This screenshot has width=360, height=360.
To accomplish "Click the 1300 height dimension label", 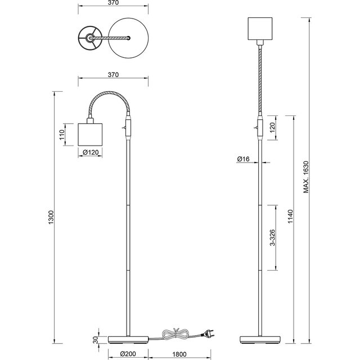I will pos(51,216).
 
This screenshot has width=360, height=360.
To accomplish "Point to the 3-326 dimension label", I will pos(272,237).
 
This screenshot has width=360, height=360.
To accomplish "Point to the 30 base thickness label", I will pos(95,340).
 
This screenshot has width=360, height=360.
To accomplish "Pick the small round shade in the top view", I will pos(88,38).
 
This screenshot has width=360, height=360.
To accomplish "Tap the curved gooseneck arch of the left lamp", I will pos(110,96).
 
